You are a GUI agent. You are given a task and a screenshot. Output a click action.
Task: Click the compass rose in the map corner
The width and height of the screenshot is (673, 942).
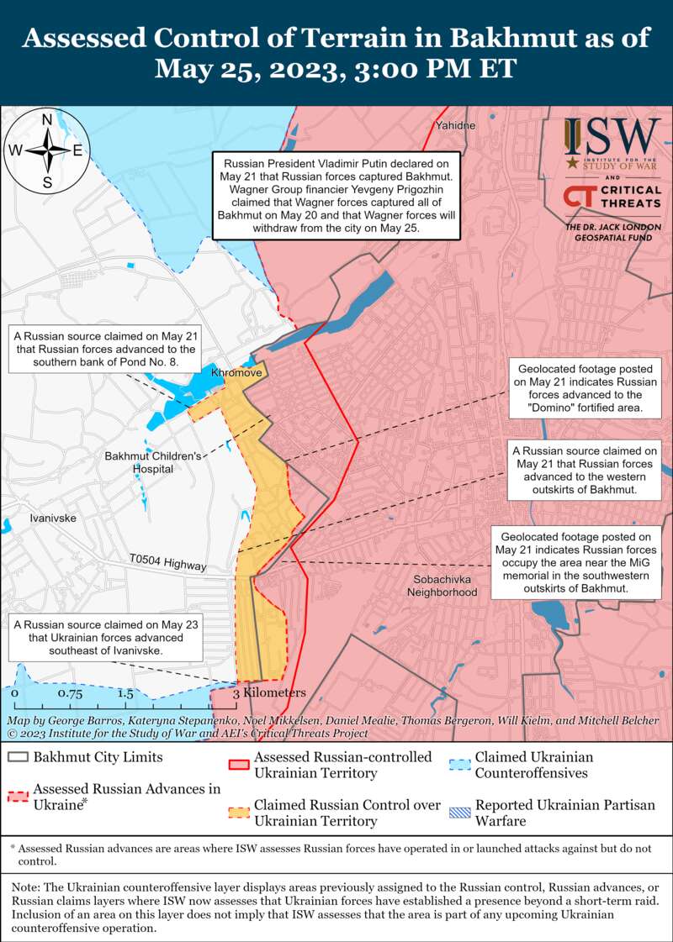point(48,150)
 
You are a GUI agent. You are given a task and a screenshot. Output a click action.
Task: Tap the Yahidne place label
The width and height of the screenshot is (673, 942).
point(455,126)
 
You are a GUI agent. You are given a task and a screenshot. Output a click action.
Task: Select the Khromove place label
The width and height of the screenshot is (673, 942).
point(236,371)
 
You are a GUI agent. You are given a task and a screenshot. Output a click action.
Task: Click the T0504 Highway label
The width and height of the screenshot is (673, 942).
point(168,561)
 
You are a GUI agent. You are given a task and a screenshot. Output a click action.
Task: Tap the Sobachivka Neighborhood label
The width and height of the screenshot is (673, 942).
point(442,586)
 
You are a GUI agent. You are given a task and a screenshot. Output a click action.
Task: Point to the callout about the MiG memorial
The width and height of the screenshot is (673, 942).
point(575,563)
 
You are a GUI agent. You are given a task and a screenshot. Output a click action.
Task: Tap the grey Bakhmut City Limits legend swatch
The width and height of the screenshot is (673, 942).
point(19,757)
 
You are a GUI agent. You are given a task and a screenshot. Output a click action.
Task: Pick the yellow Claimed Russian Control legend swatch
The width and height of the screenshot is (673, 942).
point(240,813)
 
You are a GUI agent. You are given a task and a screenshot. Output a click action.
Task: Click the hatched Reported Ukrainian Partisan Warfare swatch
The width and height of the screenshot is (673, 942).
point(459,813)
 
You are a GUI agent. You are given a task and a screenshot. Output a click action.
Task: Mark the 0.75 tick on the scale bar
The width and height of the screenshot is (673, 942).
point(71,694)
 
